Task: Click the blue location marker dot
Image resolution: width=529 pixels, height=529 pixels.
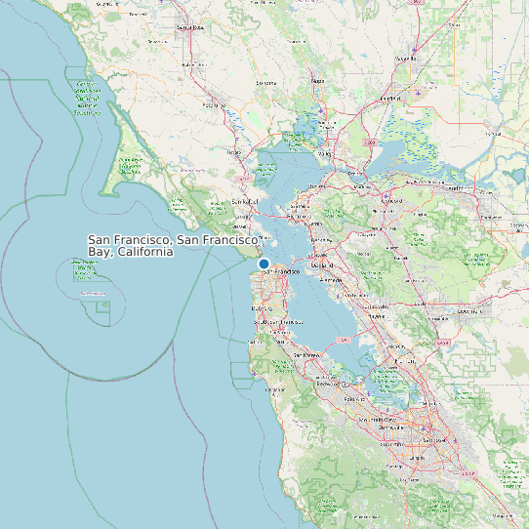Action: (x=264, y=264)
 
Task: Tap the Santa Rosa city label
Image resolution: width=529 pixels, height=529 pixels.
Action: (x=191, y=27)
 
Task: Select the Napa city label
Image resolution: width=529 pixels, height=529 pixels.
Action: (x=317, y=81)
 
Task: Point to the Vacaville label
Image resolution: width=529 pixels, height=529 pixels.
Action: (x=407, y=59)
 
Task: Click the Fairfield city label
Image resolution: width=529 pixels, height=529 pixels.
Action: (x=389, y=99)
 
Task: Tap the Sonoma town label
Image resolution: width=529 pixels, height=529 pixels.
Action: (x=266, y=83)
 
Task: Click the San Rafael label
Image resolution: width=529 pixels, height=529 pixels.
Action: (x=243, y=202)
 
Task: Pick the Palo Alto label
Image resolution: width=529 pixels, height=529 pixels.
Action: (x=354, y=398)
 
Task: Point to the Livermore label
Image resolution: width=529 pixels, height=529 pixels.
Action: (x=471, y=311)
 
